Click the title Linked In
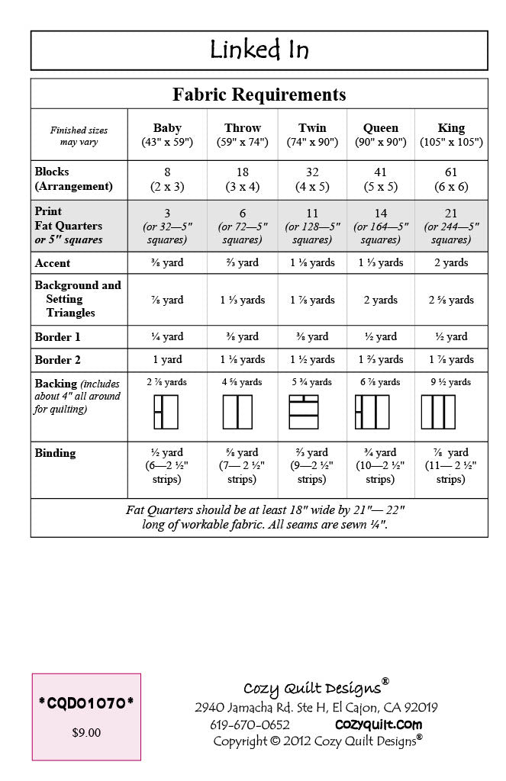click(259, 50)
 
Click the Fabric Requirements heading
click(259, 95)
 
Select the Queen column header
click(380, 134)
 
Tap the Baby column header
click(167, 134)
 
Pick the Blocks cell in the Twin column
click(311, 179)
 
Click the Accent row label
click(53, 263)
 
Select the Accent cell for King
click(450, 262)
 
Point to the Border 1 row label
click(57, 337)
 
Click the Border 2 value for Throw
click(243, 359)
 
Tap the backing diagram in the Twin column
click(303, 411)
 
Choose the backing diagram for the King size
click(438, 411)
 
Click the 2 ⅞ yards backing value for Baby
click(166, 382)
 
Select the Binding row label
click(55, 453)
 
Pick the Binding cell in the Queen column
click(380, 465)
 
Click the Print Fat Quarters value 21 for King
click(450, 214)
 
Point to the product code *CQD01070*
click(85, 703)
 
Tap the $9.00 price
click(86, 733)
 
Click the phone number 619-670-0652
click(250, 725)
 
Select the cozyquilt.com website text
click(379, 725)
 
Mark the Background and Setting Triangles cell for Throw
click(243, 300)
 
